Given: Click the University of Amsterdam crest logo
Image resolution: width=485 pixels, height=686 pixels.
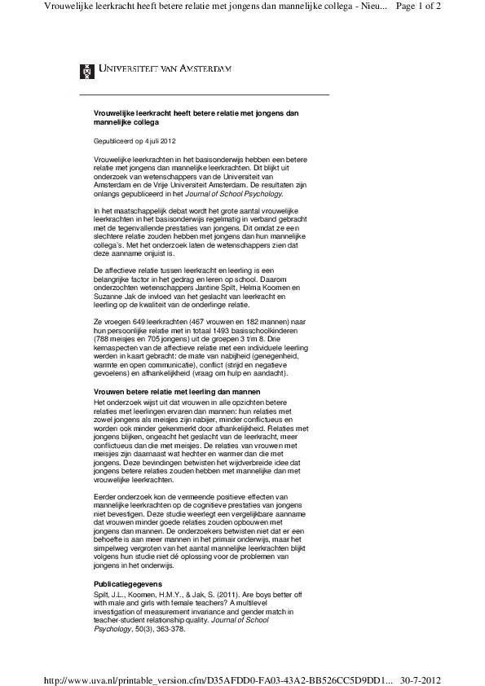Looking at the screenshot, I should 86,71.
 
